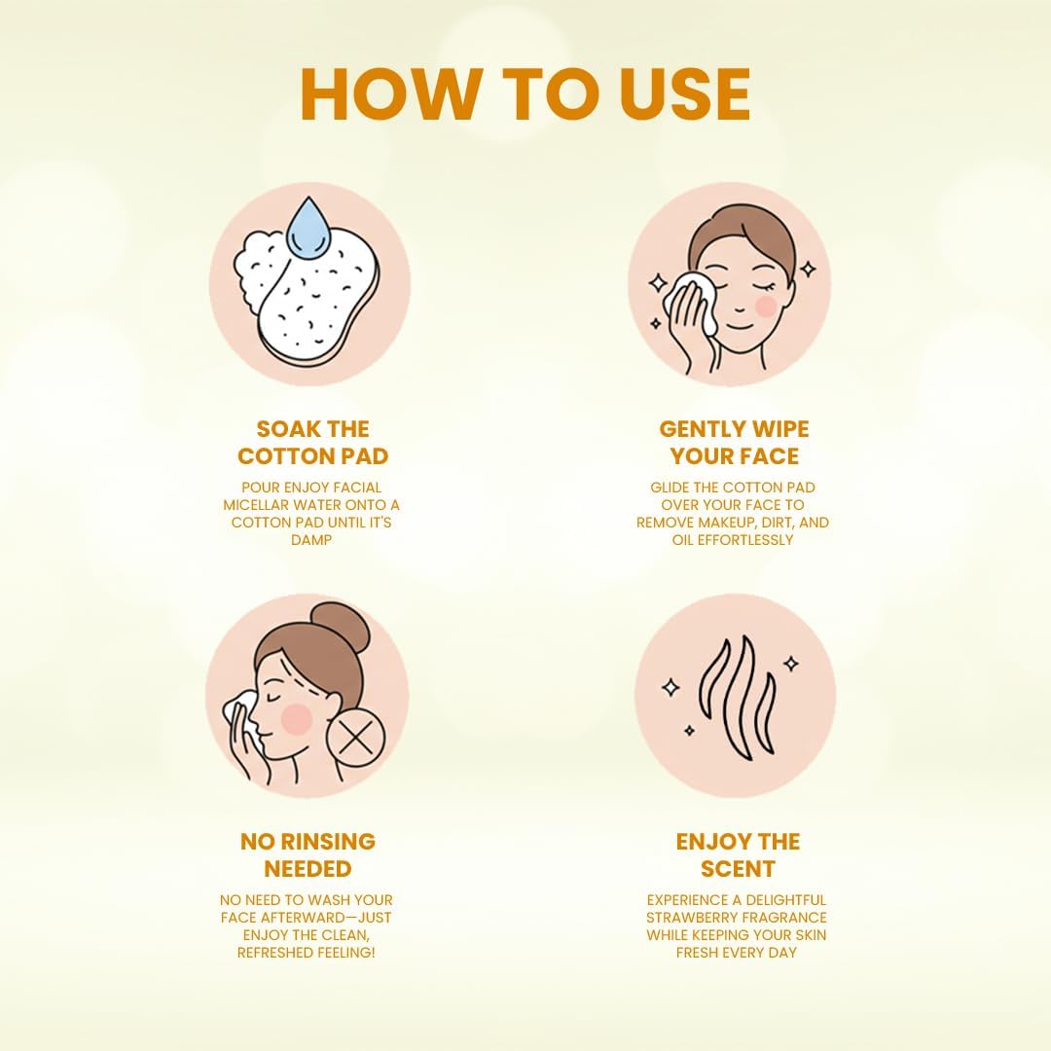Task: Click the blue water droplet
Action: (x=308, y=227)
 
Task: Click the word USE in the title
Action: (x=684, y=93)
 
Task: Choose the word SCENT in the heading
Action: (x=738, y=869)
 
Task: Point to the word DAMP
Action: (x=311, y=540)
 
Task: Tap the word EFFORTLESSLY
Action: (x=745, y=540)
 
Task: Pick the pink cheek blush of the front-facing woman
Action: (x=766, y=307)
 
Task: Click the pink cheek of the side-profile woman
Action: (x=296, y=718)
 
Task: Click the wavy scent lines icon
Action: (x=737, y=698)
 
